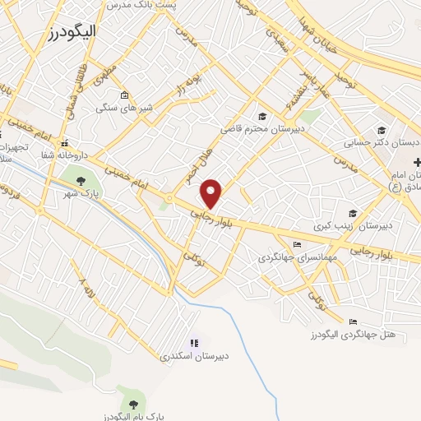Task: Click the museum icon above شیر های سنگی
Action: pos(124,94)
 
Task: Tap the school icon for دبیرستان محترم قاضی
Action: pos(262,116)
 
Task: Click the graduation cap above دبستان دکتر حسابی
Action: pos(381,130)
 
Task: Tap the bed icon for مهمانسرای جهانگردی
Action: pos(297,245)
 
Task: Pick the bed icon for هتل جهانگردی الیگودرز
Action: pos(353,322)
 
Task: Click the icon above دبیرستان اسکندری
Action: pos(194,343)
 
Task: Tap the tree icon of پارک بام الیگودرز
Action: pos(132,403)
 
